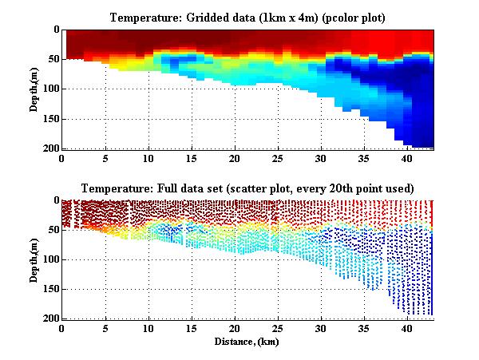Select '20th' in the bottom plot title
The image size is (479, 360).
[x=350, y=188]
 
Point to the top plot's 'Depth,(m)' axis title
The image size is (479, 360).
[x=36, y=89]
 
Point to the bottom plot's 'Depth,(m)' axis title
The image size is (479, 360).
[x=36, y=259]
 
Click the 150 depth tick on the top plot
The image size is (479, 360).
[x=50, y=119]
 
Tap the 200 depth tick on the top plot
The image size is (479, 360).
[x=50, y=148]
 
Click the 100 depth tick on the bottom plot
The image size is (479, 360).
[x=50, y=259]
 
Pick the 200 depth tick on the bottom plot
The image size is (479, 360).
[x=50, y=318]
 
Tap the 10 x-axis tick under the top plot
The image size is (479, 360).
[x=148, y=158]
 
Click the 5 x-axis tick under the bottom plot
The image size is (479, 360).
[x=105, y=328]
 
